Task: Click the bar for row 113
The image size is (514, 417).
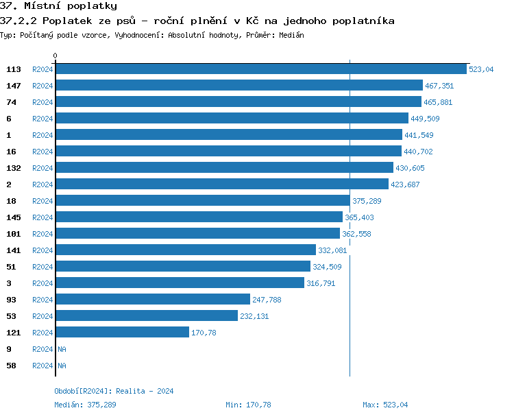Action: coord(260,69)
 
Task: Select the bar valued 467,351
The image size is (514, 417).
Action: coord(238,86)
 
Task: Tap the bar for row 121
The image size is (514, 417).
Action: coord(122,333)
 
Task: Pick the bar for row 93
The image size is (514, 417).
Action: coord(152,300)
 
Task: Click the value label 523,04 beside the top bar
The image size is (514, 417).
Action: coord(481,69)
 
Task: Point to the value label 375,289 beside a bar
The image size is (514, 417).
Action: coord(367,201)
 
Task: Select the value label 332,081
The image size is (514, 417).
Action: coord(332,250)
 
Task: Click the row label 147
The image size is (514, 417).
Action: coord(13,86)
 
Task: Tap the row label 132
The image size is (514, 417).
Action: coord(13,168)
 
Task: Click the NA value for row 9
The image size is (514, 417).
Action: coord(62,349)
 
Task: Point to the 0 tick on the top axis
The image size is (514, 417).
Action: coord(56,56)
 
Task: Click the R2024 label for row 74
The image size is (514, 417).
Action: coord(42,102)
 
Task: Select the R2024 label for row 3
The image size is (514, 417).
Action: coord(42,283)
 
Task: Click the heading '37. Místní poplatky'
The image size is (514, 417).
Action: coord(58,6)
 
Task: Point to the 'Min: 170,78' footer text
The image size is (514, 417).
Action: coord(248,405)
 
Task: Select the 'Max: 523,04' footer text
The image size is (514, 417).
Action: coord(385,405)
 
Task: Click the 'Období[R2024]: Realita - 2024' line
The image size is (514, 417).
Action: coord(114,391)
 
